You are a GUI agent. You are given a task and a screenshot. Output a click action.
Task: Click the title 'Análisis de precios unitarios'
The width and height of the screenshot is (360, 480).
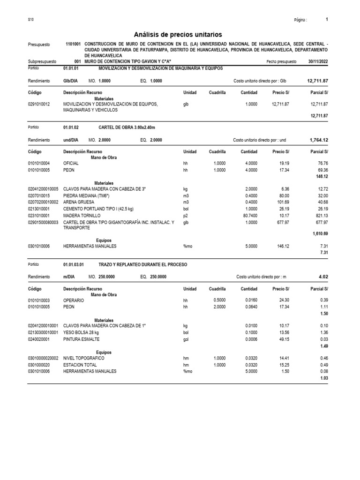[x=178, y=35]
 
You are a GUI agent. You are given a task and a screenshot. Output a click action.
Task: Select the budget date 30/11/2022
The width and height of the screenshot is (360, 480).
[x=318, y=61]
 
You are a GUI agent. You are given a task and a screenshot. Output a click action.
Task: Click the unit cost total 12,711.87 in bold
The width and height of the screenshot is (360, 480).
[x=317, y=81]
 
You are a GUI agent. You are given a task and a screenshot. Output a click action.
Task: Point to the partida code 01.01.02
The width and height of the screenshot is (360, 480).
[x=71, y=127]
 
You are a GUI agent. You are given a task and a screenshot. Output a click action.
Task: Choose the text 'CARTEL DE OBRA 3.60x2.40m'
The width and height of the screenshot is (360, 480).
[x=127, y=127]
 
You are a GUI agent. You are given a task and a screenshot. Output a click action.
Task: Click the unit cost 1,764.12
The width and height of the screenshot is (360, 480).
[x=319, y=140]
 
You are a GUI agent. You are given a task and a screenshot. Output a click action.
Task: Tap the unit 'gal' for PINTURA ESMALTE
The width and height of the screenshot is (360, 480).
[x=186, y=339]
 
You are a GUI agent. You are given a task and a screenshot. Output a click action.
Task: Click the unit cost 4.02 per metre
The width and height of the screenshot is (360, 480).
[x=323, y=277]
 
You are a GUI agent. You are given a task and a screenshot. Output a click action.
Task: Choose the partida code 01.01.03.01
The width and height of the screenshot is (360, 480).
[x=74, y=264]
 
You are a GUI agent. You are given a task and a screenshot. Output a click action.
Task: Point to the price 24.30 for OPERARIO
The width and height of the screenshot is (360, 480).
[x=283, y=300]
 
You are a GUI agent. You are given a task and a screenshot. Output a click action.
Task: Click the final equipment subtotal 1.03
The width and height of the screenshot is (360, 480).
[x=323, y=378]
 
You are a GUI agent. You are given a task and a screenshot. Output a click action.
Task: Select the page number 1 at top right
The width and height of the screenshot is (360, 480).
[x=327, y=20]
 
